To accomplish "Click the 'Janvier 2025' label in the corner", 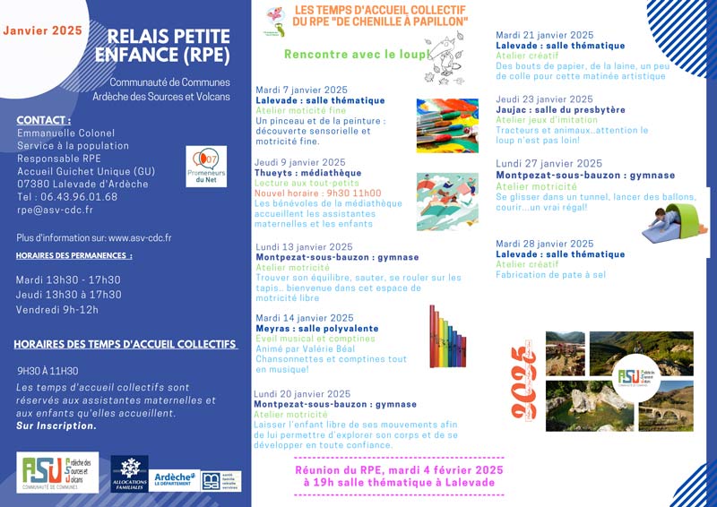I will pos(42,30).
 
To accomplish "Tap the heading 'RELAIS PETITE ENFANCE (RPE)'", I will pos(168,46).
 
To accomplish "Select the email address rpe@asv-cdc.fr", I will pos(55,210).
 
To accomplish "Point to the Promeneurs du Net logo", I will pos(206,166).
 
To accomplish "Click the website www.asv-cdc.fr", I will pos(140,238).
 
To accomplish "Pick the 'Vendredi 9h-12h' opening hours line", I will pos(57,309).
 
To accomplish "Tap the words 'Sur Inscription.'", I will pos(56,425).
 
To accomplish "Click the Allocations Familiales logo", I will pos(130,474).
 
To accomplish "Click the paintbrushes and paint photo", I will pos(447,125).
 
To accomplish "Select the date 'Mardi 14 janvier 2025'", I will pos(305,317).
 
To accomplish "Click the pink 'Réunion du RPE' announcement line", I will pos(399,469).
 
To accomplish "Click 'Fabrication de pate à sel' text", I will pos(550,275).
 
